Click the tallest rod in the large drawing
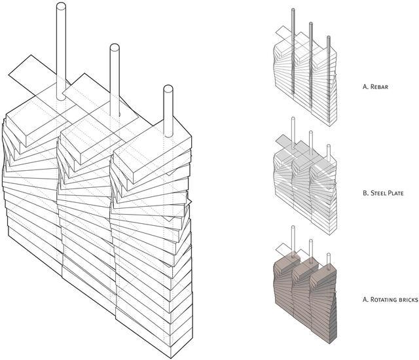[62, 46]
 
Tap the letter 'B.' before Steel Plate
[365, 194]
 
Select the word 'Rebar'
[381, 86]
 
